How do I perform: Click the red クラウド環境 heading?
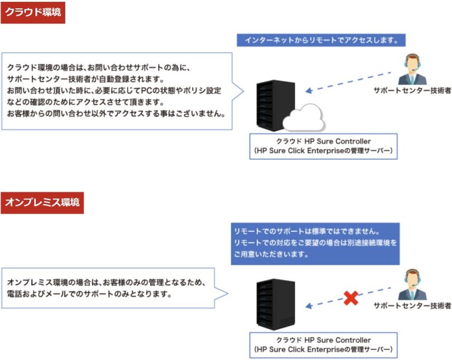pos(32,12)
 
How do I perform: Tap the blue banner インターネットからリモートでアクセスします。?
pos(321,41)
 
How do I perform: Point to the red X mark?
pos(351,298)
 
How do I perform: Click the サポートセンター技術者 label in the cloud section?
pos(412,91)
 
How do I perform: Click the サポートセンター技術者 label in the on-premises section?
pos(412,306)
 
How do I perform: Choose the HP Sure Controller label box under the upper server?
pos(323,146)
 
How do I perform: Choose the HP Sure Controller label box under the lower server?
pos(323,345)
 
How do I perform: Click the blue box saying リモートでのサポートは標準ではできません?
pos(315,243)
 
